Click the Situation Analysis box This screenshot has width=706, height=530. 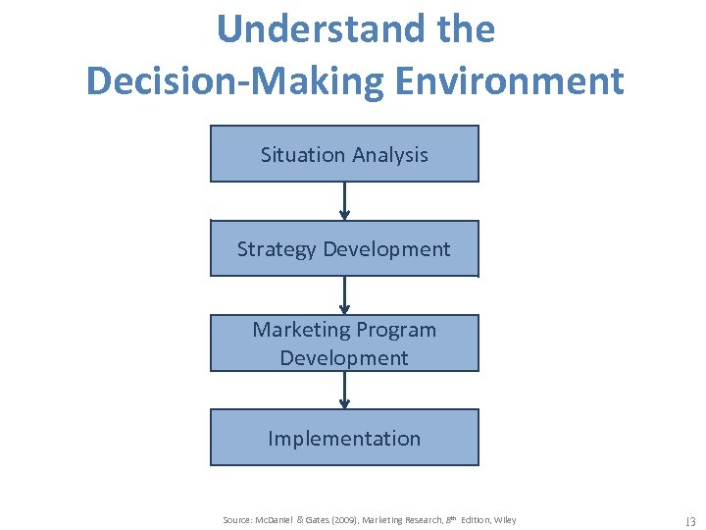[344, 154]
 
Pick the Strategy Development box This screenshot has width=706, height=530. [344, 248]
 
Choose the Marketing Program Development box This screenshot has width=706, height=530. [344, 344]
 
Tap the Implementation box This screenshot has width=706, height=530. [344, 438]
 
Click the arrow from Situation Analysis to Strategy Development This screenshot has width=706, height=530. [344, 201]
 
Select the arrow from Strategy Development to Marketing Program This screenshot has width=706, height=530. [344, 295]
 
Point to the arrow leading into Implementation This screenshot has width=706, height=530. [344, 391]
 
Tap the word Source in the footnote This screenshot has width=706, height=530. [237, 520]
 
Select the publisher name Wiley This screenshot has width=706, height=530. [505, 520]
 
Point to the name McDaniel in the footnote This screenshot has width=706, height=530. [279, 520]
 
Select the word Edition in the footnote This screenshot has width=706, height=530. [473, 520]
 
